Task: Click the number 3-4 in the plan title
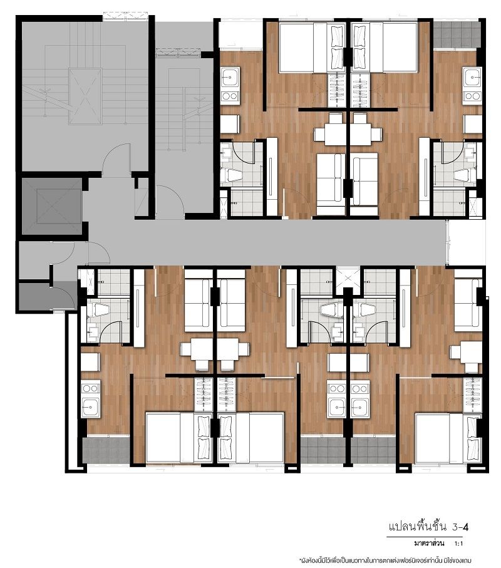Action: [x=460, y=527]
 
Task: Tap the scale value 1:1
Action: [x=459, y=544]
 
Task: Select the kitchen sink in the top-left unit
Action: [x=230, y=78]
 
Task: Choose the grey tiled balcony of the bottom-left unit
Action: [x=106, y=450]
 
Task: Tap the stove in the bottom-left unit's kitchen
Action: [x=90, y=389]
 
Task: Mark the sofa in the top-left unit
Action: [x=331, y=180]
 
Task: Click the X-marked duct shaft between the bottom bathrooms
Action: [x=348, y=278]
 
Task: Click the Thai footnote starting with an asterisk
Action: [x=385, y=560]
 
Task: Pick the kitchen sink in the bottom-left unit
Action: [x=90, y=407]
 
